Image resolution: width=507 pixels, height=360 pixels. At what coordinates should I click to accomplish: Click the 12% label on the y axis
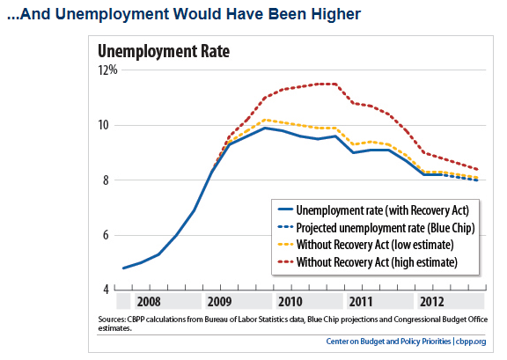107,70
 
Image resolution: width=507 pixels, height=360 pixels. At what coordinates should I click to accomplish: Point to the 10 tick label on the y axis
104,125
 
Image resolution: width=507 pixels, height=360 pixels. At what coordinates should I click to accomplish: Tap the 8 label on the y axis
106,180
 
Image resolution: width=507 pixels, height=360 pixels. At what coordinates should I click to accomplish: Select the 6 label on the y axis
106,235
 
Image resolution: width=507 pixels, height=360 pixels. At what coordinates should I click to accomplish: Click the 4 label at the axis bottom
106,290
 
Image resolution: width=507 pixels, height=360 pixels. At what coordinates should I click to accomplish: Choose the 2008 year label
149,302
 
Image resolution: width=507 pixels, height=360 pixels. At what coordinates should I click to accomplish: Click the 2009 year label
219,302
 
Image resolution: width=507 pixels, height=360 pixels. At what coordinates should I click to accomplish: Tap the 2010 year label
290,302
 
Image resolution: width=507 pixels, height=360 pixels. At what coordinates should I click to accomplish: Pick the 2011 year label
361,302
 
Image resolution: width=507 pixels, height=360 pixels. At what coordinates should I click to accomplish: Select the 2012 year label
431,302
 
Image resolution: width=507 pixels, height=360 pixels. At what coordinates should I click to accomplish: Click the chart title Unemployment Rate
164,51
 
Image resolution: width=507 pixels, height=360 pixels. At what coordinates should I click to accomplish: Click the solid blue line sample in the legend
285,209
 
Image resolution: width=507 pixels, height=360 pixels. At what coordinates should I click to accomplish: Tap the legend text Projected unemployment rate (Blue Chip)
386,228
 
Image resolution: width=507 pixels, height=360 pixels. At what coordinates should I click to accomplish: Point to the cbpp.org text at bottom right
471,342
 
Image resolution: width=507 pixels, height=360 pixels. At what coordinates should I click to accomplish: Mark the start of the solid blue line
124,268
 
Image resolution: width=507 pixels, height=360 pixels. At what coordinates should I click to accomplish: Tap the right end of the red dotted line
477,169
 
